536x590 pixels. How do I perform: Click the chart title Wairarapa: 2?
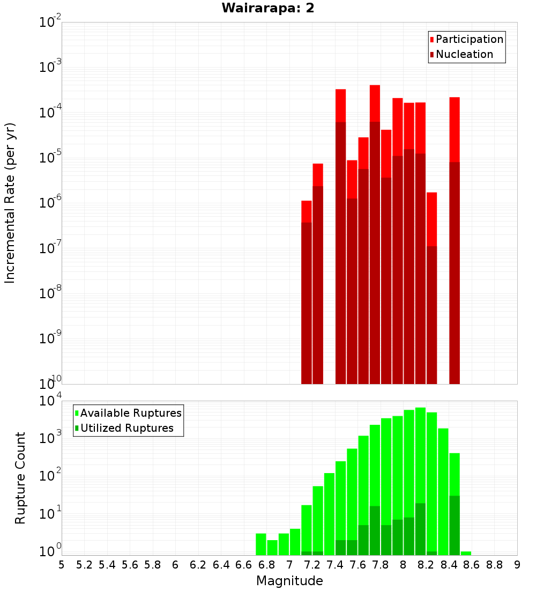coord(268,9)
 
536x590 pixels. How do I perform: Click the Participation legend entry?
coord(469,39)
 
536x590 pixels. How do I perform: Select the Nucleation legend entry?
coord(464,54)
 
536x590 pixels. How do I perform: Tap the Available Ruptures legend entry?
coord(130,413)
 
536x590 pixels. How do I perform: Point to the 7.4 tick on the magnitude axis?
coord(335,565)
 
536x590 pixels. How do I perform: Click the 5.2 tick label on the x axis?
coord(84,565)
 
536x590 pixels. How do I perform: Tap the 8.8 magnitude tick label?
coord(494,565)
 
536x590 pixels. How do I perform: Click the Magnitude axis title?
coord(289,581)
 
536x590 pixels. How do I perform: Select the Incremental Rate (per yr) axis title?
coord(10,203)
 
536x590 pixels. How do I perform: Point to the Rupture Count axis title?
coord(20,478)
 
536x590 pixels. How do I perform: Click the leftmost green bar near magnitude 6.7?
coord(261,544)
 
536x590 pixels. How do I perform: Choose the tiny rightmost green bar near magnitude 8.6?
coord(466,553)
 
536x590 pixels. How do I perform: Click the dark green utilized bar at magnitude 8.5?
coord(455,526)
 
